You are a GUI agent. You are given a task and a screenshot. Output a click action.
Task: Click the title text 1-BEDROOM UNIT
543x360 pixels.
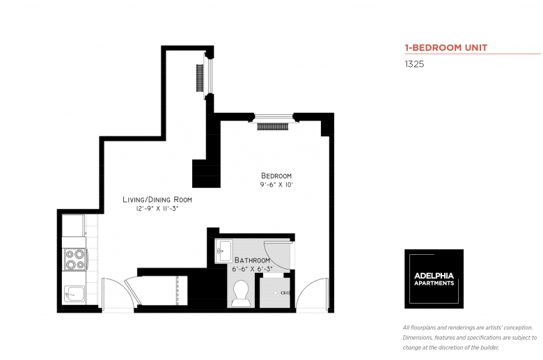[x=446, y=47]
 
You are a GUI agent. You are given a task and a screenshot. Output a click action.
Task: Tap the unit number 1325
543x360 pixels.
[x=414, y=64]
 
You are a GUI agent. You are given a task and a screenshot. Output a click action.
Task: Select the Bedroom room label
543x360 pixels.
[x=276, y=175]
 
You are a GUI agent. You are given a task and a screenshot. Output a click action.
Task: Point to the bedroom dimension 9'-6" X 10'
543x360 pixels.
[x=276, y=185]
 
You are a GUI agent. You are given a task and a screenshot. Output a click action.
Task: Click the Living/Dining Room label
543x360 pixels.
[x=157, y=200]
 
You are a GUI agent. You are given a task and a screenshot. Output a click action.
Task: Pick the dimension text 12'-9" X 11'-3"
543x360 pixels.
[x=157, y=209]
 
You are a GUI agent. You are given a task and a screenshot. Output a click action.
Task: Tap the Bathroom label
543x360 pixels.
[x=252, y=260]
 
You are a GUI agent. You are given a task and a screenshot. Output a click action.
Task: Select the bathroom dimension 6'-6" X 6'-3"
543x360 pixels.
[x=252, y=269]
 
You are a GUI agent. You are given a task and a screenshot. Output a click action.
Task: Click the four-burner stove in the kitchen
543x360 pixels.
[x=75, y=260]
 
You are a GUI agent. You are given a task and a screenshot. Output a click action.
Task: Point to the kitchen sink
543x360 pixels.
[x=74, y=294]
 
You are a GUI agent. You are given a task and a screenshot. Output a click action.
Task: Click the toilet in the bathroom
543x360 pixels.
[x=241, y=293]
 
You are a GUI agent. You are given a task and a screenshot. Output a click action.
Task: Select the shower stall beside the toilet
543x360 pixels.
[x=275, y=292]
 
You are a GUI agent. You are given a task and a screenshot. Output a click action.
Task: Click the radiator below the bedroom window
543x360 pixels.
[x=272, y=127]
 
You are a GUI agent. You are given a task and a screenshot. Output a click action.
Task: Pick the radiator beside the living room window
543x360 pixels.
[x=200, y=78]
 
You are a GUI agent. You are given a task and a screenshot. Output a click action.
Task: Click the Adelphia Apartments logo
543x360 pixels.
[x=434, y=279]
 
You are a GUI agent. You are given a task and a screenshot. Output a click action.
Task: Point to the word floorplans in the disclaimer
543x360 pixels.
[x=423, y=328]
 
